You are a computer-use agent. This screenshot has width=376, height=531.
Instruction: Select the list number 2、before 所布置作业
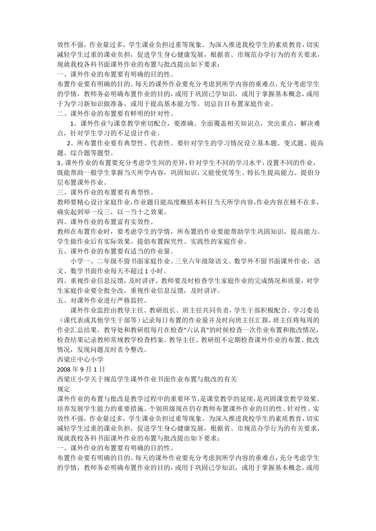[x=72, y=143]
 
